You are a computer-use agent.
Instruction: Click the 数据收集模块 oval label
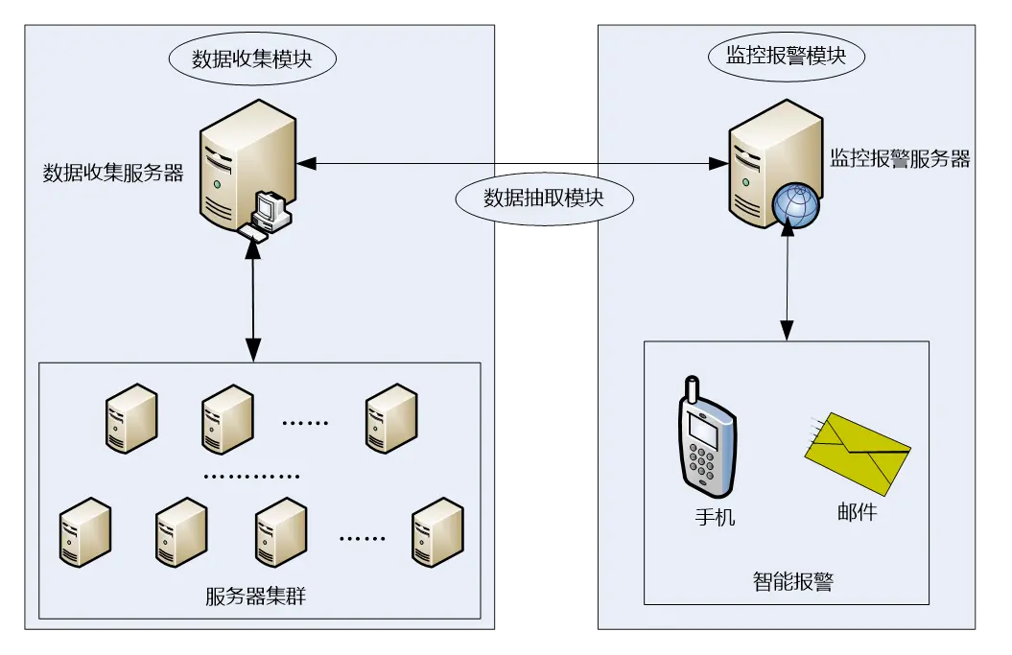tap(252, 59)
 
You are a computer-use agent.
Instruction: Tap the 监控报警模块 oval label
tap(786, 56)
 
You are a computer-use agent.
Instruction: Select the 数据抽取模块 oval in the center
tap(544, 199)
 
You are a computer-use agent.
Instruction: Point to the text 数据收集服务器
tap(113, 173)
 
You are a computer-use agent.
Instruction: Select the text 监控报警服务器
tap(900, 159)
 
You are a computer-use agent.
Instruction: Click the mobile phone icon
tap(707, 437)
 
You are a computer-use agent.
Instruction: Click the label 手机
tap(715, 517)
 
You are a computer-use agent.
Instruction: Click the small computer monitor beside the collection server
tap(271, 210)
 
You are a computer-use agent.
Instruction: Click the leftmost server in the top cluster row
tap(130, 416)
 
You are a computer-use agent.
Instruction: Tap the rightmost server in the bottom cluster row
tap(437, 530)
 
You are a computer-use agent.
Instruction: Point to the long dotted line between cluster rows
tap(252, 476)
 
